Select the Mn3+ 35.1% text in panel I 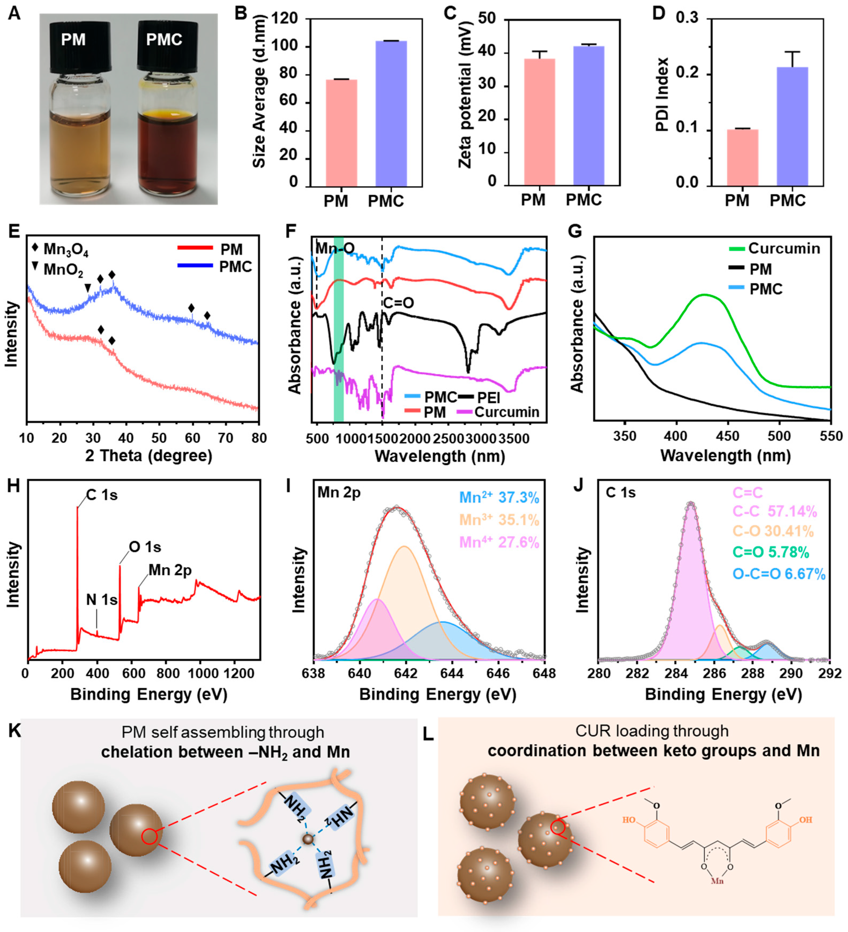pyautogui.click(x=499, y=520)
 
